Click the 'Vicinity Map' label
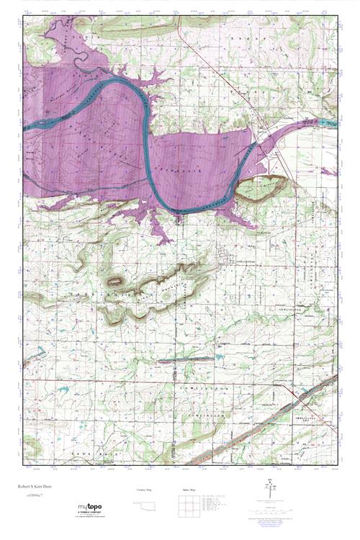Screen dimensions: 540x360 (145, 490)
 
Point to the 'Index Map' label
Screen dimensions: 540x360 (189, 490)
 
